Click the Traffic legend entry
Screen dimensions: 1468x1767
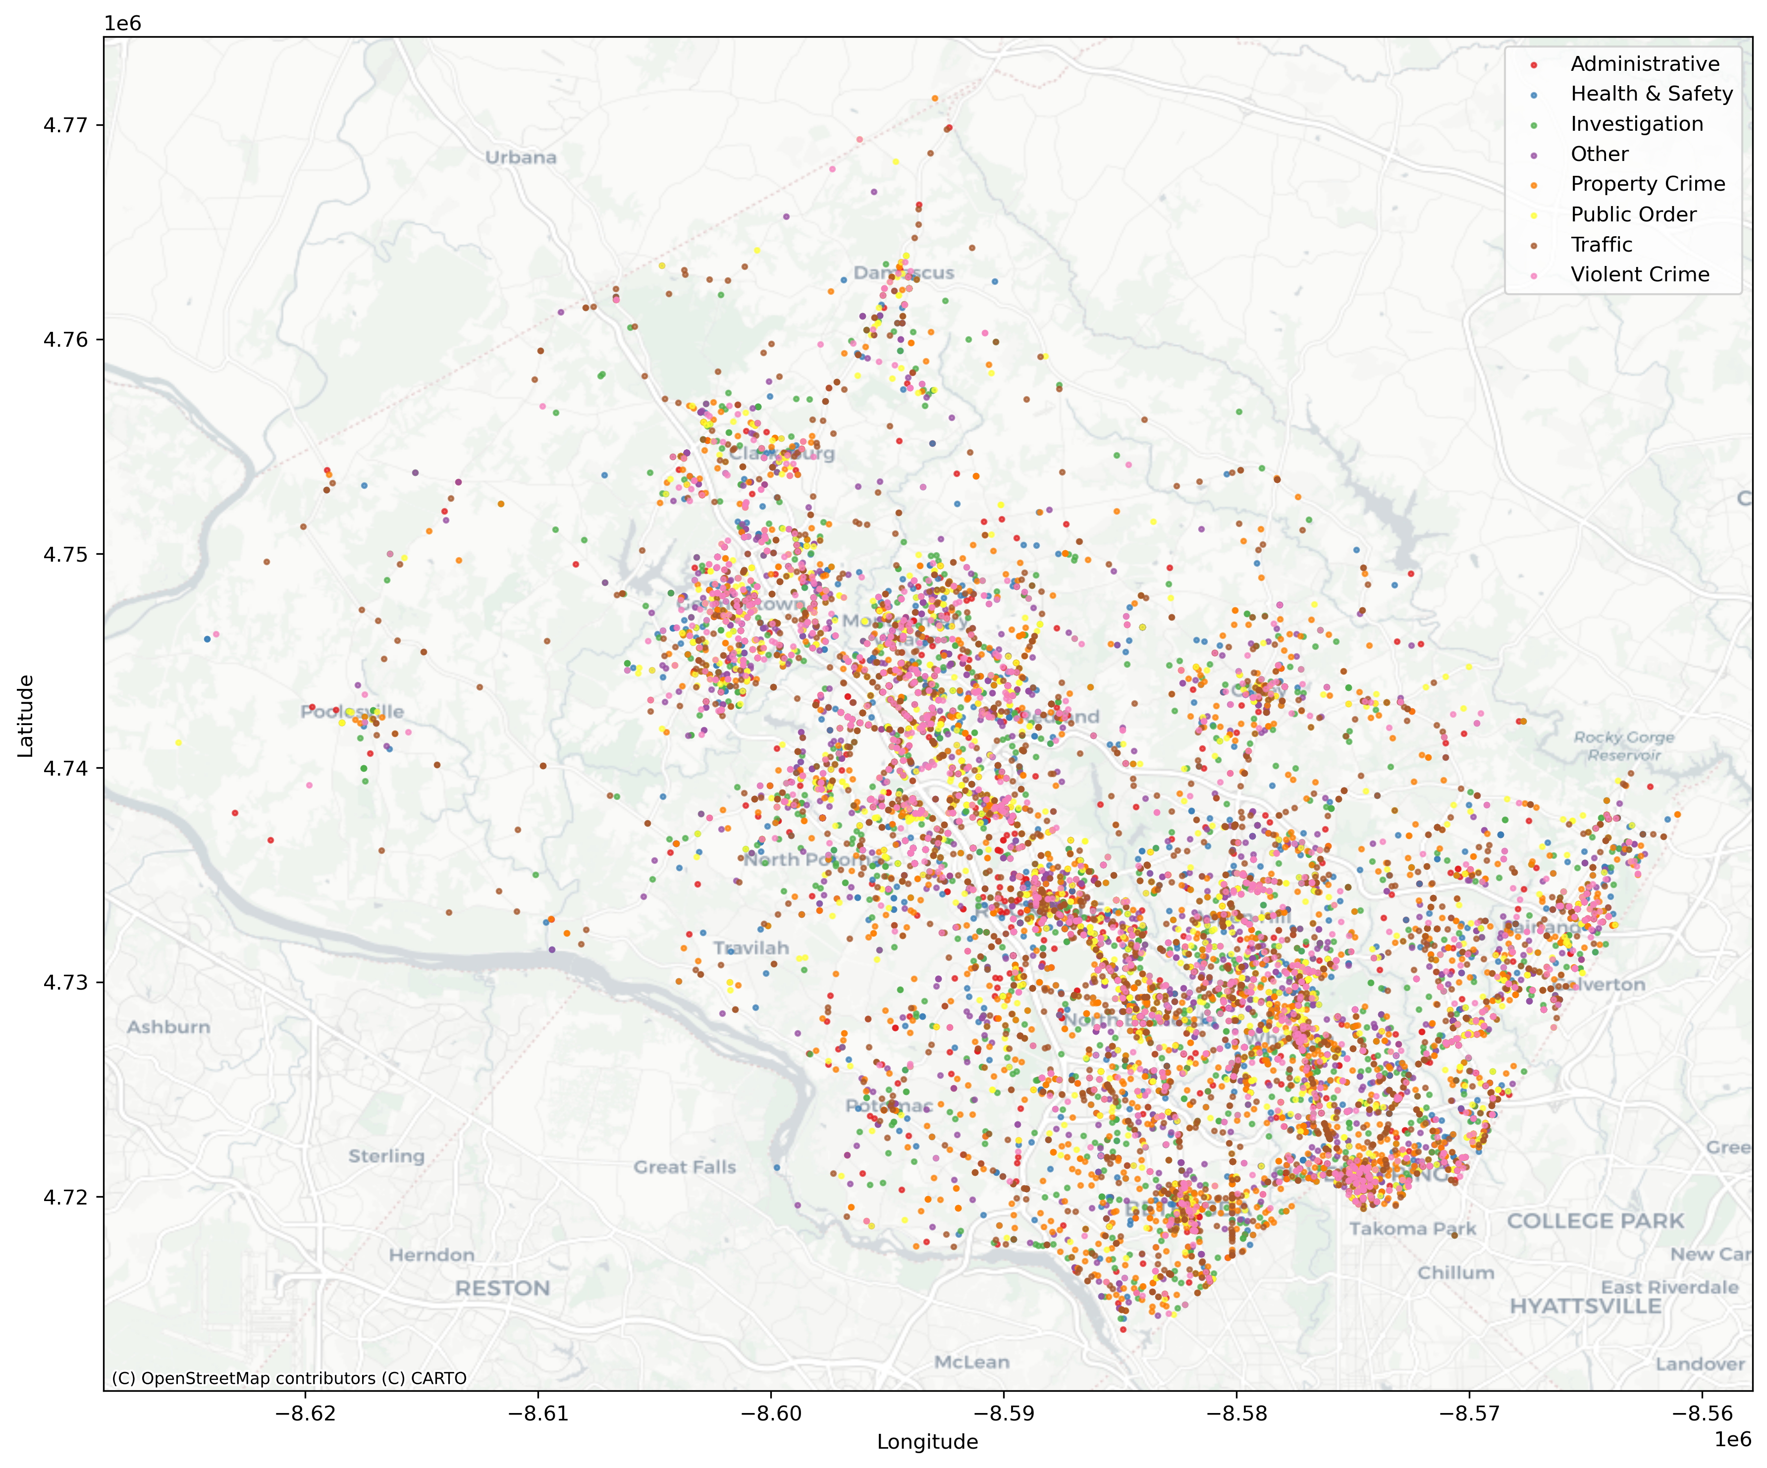click(x=1601, y=245)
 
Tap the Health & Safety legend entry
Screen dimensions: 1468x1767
click(x=1651, y=94)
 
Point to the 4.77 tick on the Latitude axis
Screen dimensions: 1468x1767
click(x=65, y=125)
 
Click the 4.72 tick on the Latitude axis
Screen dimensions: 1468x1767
click(x=65, y=1196)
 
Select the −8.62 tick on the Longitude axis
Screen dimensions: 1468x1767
click(x=306, y=1414)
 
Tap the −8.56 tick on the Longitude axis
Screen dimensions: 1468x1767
click(x=1702, y=1414)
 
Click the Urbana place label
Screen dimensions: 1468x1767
click(x=521, y=157)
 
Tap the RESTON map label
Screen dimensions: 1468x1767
click(x=502, y=1289)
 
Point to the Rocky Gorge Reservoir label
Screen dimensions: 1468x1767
click(x=1624, y=746)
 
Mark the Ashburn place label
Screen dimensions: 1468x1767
click(x=168, y=1027)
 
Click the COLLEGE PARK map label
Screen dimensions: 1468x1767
click(x=1595, y=1221)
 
